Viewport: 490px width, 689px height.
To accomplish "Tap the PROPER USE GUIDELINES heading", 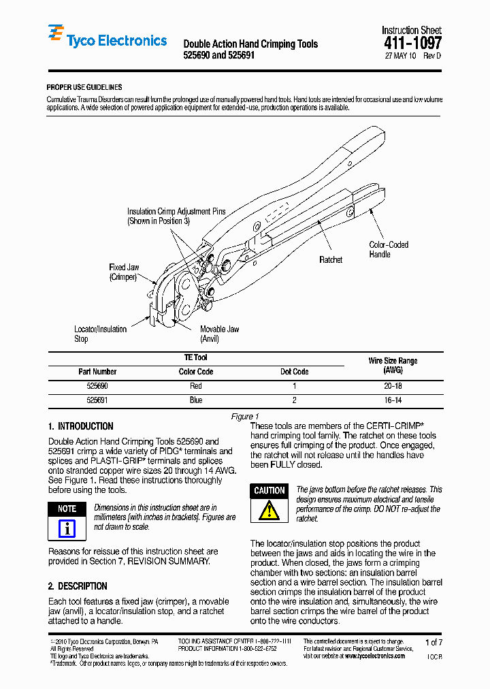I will click(x=84, y=87).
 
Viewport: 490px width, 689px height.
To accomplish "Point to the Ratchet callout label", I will click(x=331, y=259).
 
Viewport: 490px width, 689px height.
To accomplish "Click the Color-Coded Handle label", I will click(x=389, y=249).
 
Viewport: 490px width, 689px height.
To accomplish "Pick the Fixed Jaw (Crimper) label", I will click(x=124, y=272).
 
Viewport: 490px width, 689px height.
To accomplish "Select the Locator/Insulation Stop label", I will click(x=100, y=334).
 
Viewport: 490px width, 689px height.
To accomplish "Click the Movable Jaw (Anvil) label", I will click(x=219, y=334).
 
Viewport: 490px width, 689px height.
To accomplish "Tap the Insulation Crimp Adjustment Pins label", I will click(x=176, y=217).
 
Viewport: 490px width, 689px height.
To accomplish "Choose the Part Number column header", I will click(x=97, y=372).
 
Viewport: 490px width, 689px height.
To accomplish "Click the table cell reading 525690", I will click(x=97, y=386).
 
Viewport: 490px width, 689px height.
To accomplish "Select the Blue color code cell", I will click(x=196, y=400).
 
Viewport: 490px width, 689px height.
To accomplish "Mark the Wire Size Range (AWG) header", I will click(x=393, y=366).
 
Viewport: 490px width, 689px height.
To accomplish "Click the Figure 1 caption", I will click(x=245, y=417).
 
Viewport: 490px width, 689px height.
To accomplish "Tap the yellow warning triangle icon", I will click(x=269, y=510).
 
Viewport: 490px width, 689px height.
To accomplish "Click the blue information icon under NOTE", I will click(x=67, y=528).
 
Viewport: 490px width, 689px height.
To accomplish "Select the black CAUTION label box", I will click(x=269, y=491).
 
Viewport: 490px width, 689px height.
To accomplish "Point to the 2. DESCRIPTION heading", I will click(x=78, y=586).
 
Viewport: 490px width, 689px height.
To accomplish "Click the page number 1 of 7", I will click(x=434, y=642).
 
